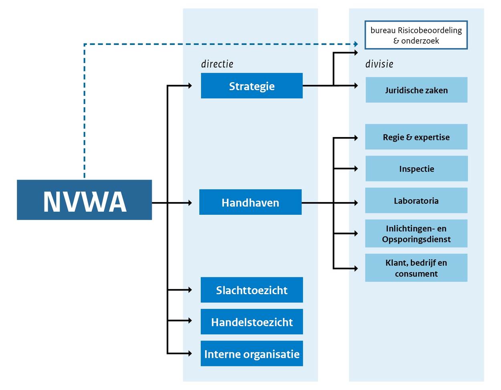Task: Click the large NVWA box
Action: pos(84,200)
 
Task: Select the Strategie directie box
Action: pos(252,86)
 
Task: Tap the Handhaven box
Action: pos(250,202)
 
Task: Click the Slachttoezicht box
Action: pos(252,290)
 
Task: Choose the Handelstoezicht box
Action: pos(252,322)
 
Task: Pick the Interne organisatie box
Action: pos(252,354)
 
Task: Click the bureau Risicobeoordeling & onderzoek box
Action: pos(416,35)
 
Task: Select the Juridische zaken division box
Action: pos(416,90)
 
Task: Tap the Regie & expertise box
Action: pos(416,137)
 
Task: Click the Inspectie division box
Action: pos(416,169)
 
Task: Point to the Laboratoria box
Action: pos(416,200)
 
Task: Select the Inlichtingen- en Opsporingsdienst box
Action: pos(416,234)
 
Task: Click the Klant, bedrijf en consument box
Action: pos(416,268)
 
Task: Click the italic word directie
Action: pos(217,64)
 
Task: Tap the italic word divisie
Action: pos(379,64)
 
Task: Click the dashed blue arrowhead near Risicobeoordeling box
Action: pos(356,44)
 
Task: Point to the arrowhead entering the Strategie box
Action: pos(190,85)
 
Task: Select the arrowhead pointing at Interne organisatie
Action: pos(190,354)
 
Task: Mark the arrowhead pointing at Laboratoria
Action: pos(356,203)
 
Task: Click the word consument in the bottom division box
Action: pos(416,274)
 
